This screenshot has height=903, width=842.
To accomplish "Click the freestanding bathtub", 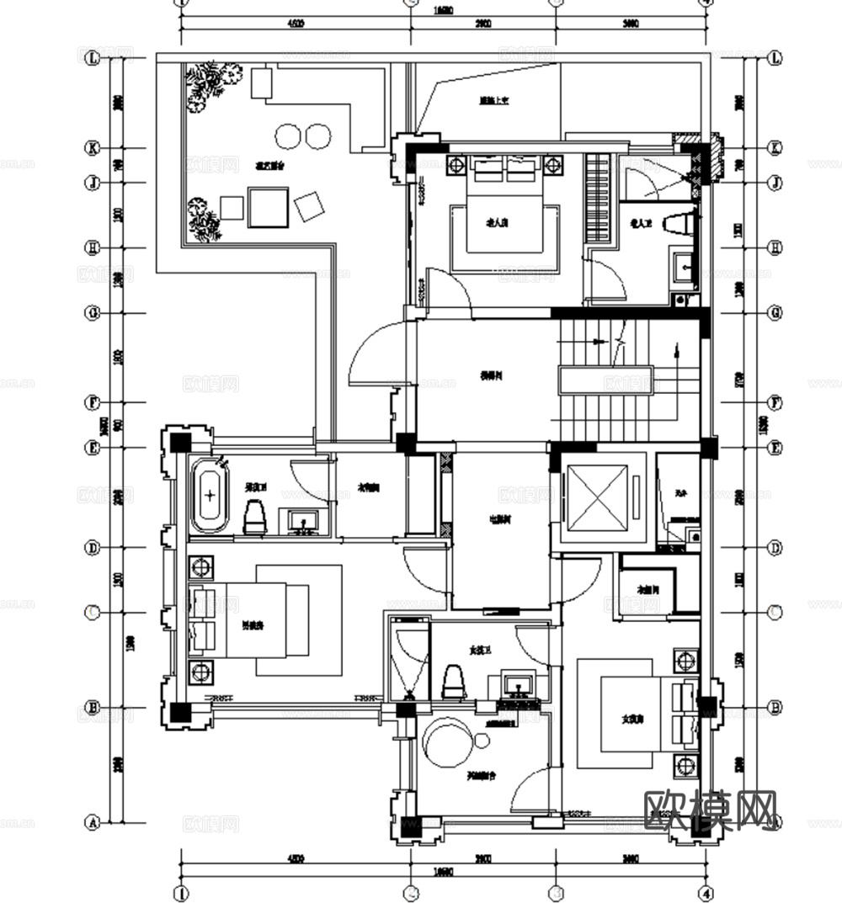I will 210,497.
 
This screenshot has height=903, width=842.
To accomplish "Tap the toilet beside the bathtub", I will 255,518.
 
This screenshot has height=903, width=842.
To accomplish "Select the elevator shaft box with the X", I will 596,497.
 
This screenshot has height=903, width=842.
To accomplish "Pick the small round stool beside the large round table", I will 482,740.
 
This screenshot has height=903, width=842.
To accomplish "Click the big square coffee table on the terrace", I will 268,207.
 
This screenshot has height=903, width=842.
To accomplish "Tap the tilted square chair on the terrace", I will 309,206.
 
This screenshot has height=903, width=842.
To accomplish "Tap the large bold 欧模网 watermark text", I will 709,810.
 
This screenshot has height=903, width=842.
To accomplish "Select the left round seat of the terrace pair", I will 287,135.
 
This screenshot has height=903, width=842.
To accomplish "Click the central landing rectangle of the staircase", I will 605,380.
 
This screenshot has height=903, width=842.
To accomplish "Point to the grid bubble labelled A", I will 93,821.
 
